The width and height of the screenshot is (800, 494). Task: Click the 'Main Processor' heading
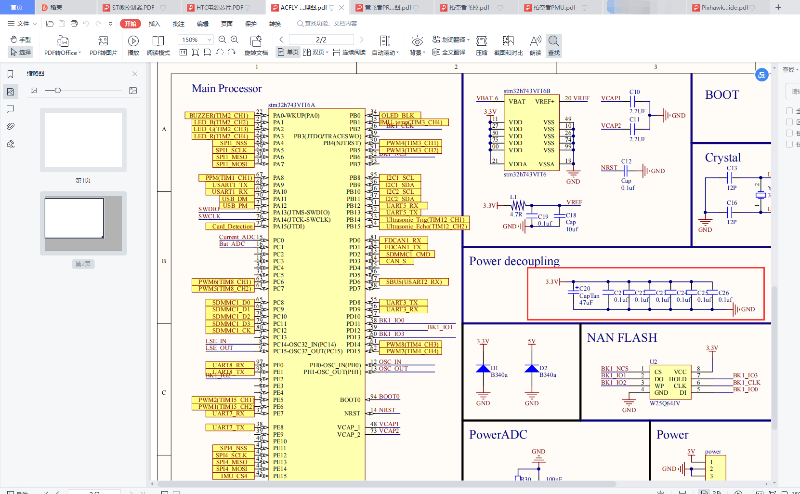coord(226,89)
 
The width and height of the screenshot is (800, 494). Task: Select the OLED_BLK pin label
coord(397,116)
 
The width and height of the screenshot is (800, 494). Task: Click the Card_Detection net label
coord(233,227)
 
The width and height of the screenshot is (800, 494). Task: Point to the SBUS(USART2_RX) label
coord(414,282)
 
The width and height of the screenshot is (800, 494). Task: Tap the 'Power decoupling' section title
coord(514,261)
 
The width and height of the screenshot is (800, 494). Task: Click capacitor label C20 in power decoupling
coord(585,289)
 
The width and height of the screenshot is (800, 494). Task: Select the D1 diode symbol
coord(483,369)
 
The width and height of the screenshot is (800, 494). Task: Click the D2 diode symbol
coord(532,369)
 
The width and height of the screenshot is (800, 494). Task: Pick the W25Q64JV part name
coord(665,403)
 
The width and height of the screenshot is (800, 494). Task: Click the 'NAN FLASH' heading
coord(622,338)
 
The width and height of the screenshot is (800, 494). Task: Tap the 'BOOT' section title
coord(721,95)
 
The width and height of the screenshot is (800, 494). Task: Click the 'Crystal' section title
coord(722,158)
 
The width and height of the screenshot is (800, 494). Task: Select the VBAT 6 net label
coord(487,98)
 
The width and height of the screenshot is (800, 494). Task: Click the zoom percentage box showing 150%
coord(195,40)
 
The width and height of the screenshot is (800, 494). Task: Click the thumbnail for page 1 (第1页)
coord(83,140)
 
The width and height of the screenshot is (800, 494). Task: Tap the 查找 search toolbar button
coord(554,45)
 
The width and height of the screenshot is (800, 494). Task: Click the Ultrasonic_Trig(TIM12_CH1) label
coord(425,220)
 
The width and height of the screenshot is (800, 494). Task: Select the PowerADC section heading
coord(498,435)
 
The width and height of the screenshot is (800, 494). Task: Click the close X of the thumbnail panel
coord(135,74)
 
